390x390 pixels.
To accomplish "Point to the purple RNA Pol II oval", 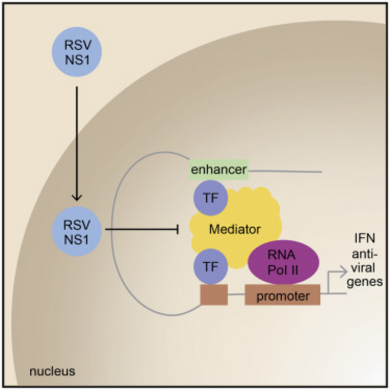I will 284,264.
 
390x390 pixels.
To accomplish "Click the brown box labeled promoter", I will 282,295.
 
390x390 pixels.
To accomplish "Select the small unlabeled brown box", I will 214,295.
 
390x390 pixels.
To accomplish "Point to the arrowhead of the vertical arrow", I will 76,197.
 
